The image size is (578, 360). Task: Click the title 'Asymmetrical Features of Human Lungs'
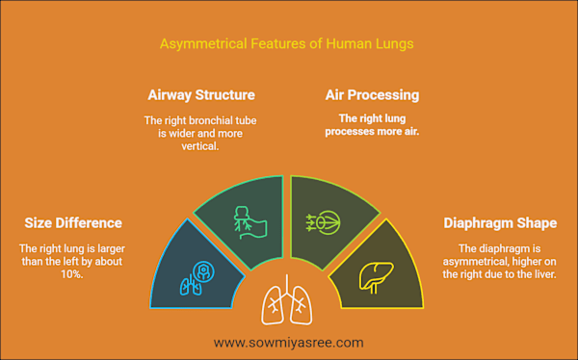286,44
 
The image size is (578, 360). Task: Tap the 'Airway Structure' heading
201,95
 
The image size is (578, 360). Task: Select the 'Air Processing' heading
372,95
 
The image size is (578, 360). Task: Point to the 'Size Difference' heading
73,223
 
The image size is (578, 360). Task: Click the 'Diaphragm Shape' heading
500,223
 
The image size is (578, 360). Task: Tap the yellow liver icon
377,277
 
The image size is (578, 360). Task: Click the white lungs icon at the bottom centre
287,300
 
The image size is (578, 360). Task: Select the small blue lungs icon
191,285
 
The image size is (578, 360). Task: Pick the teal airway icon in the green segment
250,223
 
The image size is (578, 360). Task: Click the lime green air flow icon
324,222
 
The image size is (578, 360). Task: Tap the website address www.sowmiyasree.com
289,343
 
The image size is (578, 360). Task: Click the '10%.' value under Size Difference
72,274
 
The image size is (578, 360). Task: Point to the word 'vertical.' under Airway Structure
200,146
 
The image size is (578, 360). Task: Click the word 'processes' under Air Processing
348,132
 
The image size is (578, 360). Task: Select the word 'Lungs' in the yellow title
394,44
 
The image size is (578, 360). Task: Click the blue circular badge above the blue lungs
203,272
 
